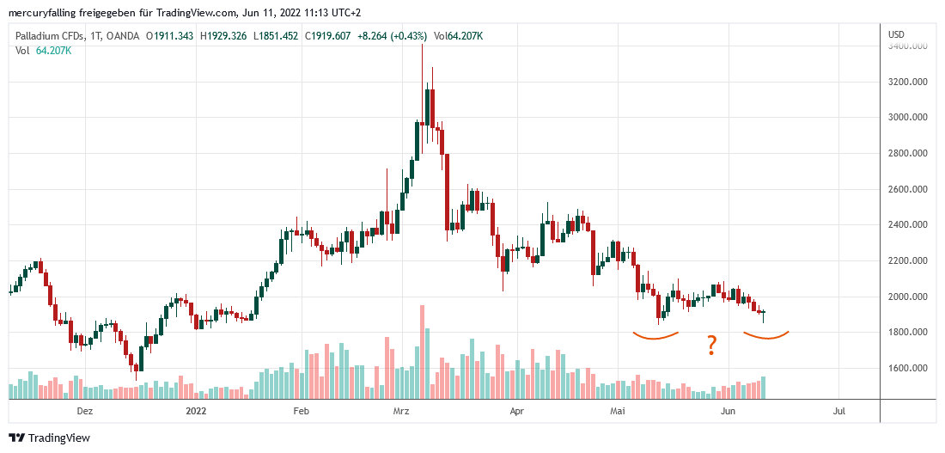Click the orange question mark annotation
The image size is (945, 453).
[711, 347]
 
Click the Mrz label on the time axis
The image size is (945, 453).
[401, 412]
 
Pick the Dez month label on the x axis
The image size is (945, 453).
[84, 412]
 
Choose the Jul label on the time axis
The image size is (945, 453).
[838, 412]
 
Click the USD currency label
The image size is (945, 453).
[897, 34]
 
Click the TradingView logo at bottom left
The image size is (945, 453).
[49, 438]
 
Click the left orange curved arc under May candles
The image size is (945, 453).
[656, 336]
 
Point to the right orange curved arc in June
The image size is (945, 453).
[765, 336]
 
